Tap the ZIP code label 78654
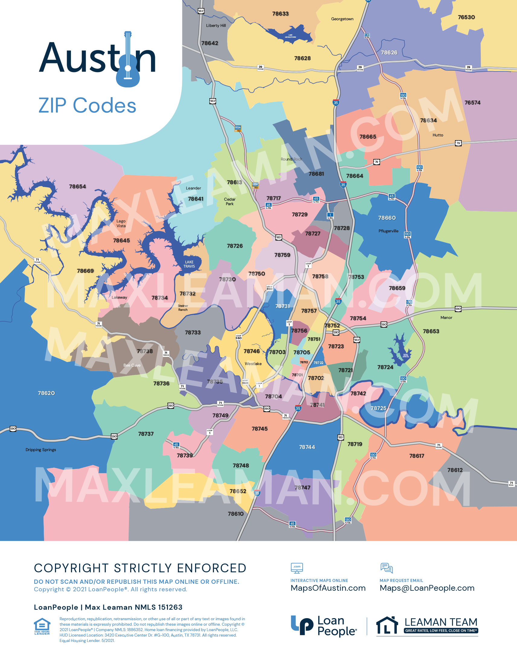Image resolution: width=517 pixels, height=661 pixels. pyautogui.click(x=78, y=186)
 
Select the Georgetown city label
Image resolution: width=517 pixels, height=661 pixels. pyautogui.click(x=342, y=19)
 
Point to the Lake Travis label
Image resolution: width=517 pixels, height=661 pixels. pyautogui.click(x=189, y=264)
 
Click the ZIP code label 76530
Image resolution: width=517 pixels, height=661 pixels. pyautogui.click(x=466, y=17)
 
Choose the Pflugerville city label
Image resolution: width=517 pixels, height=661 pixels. pyautogui.click(x=388, y=231)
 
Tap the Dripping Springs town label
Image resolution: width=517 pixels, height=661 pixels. pyautogui.click(x=40, y=450)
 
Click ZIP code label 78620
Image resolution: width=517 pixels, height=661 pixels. pyautogui.click(x=46, y=393)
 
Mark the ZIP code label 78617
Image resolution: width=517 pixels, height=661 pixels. pyautogui.click(x=417, y=456)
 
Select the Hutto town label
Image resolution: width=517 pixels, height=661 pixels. pyautogui.click(x=438, y=135)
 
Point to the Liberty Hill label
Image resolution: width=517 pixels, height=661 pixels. pyautogui.click(x=216, y=25)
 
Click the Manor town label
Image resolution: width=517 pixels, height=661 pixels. pyautogui.click(x=446, y=317)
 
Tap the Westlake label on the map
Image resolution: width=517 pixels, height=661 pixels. pyautogui.click(x=253, y=364)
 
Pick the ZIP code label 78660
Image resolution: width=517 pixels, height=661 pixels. pyautogui.click(x=387, y=218)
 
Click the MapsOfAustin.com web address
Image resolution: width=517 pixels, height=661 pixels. pyautogui.click(x=328, y=588)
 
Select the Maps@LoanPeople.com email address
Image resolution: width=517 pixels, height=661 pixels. pyautogui.click(x=427, y=588)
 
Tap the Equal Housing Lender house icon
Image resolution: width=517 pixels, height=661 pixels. pyautogui.click(x=42, y=626)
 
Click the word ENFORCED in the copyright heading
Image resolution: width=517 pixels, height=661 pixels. pyautogui.click(x=212, y=568)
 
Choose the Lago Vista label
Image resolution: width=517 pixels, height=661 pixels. pyautogui.click(x=121, y=223)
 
